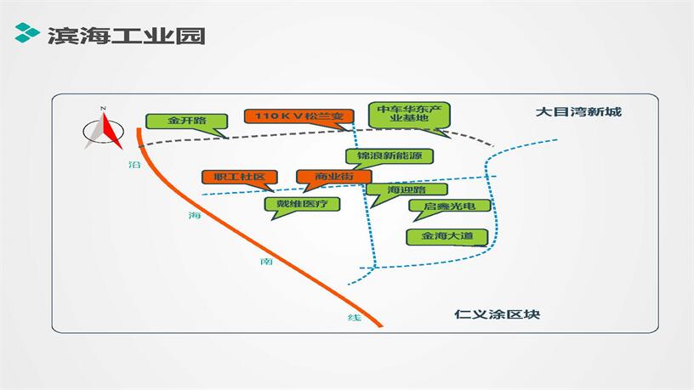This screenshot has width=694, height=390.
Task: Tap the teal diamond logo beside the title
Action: pyautogui.click(x=27, y=35)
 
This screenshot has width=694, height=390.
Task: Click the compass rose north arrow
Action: pyautogui.click(x=102, y=131)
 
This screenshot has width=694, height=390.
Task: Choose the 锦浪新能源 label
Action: pyautogui.click(x=390, y=156)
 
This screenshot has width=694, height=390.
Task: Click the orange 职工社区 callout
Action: pyautogui.click(x=240, y=177)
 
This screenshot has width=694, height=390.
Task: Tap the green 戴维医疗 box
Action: pyautogui.click(x=302, y=204)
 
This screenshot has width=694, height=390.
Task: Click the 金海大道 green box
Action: pyautogui.click(x=447, y=235)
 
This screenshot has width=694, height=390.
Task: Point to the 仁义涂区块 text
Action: pyautogui.click(x=497, y=314)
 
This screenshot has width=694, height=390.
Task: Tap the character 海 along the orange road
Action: pyautogui.click(x=193, y=216)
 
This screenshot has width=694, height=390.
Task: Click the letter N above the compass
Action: pyautogui.click(x=102, y=109)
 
